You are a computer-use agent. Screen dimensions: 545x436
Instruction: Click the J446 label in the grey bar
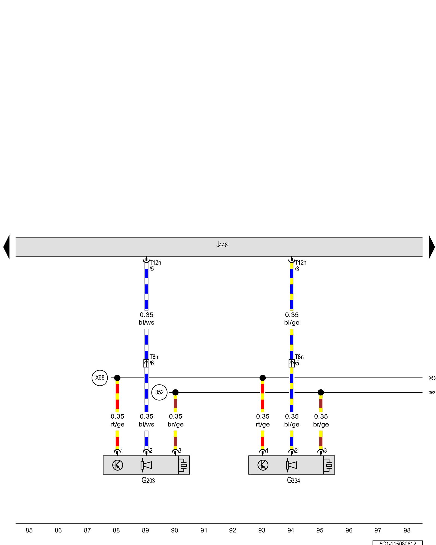(x=222, y=245)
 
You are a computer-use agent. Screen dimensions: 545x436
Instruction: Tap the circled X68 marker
(x=100, y=378)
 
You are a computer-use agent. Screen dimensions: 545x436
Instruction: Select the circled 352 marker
(x=159, y=392)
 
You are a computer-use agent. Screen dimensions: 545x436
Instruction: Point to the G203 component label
(x=148, y=480)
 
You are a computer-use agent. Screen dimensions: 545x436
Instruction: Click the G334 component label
(x=293, y=480)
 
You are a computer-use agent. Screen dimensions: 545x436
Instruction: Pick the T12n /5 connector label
(x=155, y=266)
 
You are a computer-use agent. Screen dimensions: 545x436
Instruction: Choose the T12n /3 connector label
(x=300, y=266)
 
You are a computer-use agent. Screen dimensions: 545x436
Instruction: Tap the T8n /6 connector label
(x=154, y=360)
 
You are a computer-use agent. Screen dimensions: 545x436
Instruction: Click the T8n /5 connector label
(x=299, y=360)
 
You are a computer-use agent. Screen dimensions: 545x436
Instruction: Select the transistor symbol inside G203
(x=117, y=465)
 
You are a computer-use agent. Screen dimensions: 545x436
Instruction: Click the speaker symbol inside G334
(x=291, y=465)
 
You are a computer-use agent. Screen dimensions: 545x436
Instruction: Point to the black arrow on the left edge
(x=7, y=247)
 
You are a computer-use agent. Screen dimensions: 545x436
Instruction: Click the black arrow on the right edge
(x=432, y=247)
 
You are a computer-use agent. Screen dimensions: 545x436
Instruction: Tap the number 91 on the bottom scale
(x=204, y=530)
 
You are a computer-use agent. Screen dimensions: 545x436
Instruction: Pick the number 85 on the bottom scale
(x=29, y=530)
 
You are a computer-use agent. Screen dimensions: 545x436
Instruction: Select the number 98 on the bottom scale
(x=407, y=530)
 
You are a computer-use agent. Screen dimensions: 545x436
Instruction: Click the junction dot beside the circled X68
(x=117, y=378)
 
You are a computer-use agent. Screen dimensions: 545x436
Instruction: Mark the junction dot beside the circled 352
(x=175, y=392)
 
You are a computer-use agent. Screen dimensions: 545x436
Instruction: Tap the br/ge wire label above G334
(x=321, y=424)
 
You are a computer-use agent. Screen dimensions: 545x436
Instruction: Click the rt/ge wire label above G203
(x=117, y=424)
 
